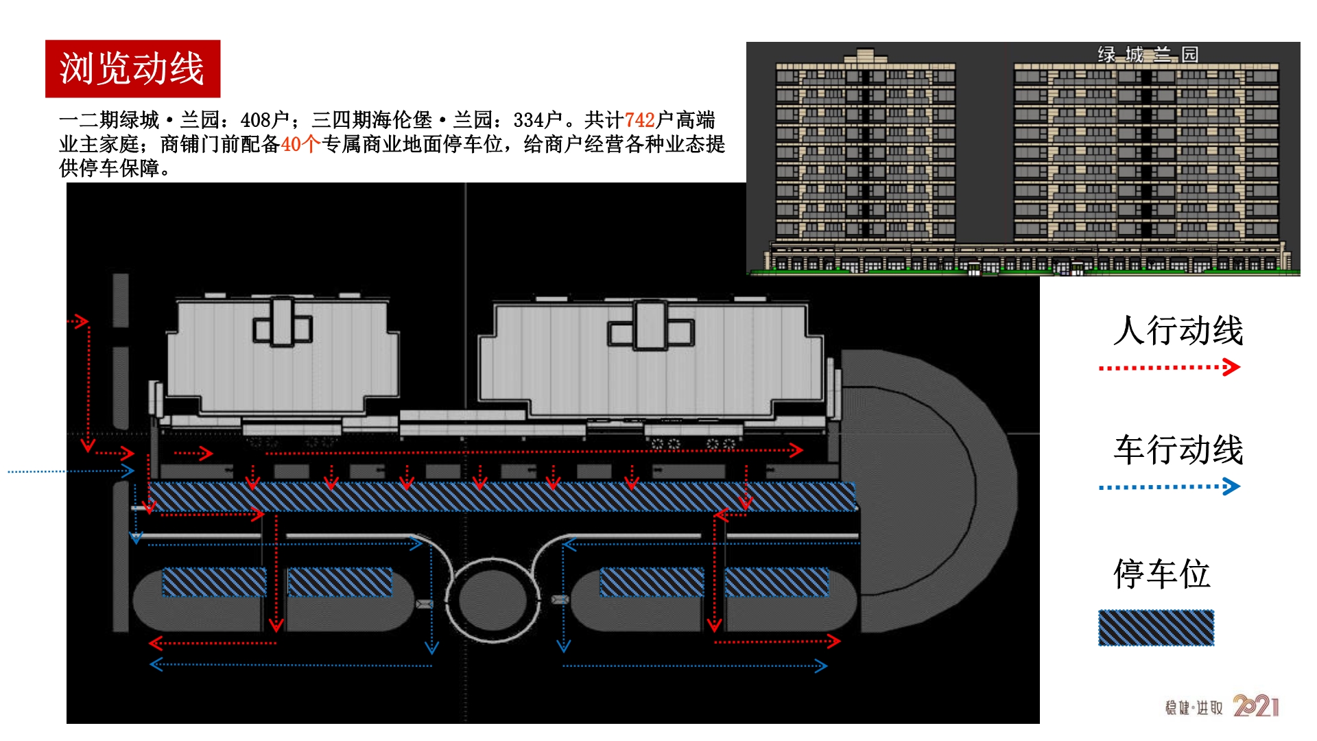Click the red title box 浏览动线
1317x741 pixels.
click(x=132, y=69)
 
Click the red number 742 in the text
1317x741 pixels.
click(x=639, y=120)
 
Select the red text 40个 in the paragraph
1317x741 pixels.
click(x=301, y=144)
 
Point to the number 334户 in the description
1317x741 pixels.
click(x=538, y=120)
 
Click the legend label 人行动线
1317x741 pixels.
click(x=1178, y=331)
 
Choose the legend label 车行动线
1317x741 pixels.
click(x=1178, y=450)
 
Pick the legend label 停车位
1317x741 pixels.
click(x=1161, y=574)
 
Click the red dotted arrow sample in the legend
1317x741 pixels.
click(x=1170, y=368)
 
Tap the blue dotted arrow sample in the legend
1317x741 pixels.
click(x=1170, y=487)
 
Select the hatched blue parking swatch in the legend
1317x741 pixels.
click(x=1156, y=628)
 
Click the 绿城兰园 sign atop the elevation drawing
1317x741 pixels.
click(x=1148, y=54)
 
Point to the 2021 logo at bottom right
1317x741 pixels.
click(x=1256, y=706)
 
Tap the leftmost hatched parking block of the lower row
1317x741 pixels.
click(x=214, y=582)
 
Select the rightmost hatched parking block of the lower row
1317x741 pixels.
click(x=776, y=582)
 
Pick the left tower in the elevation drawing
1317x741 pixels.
click(x=865, y=148)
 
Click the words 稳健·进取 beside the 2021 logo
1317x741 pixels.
click(x=1194, y=707)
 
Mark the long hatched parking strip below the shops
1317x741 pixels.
click(x=502, y=496)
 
